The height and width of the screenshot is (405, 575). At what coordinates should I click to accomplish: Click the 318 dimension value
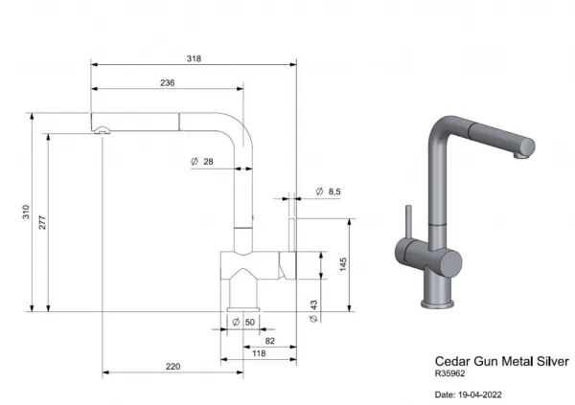194,58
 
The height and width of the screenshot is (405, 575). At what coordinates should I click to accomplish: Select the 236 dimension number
167,83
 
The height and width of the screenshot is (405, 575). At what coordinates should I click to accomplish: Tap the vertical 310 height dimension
26,212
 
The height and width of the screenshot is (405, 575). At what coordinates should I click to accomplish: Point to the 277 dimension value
42,223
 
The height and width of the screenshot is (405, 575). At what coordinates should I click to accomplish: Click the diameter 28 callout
202,161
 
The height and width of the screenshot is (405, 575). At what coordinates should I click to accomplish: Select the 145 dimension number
343,264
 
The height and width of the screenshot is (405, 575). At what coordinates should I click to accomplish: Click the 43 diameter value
313,304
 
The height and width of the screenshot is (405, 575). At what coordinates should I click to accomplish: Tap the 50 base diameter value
250,322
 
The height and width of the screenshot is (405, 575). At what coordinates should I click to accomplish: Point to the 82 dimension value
270,341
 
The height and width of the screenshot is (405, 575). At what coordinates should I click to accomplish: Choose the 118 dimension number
259,353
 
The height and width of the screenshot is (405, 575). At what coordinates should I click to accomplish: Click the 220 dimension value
173,367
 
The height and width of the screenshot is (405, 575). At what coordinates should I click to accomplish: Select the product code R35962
450,373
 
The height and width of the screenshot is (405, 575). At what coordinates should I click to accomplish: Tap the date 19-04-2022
480,394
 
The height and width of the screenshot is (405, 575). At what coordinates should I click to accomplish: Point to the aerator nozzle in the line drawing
102,130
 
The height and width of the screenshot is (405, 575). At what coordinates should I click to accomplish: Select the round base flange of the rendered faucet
437,304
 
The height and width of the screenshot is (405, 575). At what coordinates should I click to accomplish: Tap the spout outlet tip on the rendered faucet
520,155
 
